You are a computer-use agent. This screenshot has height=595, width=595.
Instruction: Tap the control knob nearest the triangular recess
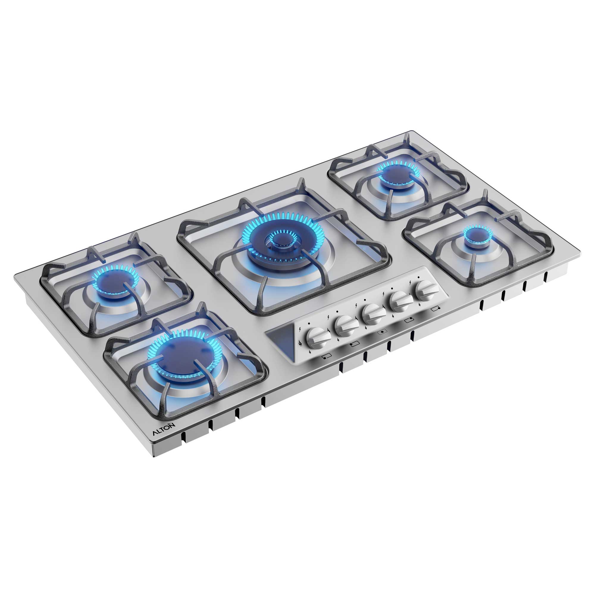315,337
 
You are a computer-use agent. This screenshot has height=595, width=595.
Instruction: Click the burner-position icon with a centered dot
382,332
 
